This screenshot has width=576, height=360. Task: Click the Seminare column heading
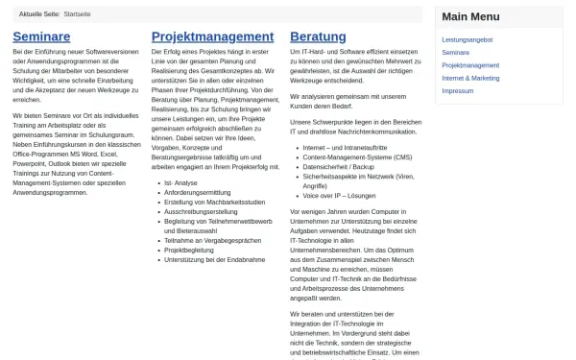[x=41, y=36]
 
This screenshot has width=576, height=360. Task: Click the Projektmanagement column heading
[x=212, y=36]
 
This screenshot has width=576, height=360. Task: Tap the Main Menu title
[x=470, y=16]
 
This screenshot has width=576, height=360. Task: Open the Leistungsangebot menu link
[x=468, y=40]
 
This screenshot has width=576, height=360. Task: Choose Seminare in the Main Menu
[x=456, y=53]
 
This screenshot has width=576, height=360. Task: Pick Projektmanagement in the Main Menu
[x=470, y=65]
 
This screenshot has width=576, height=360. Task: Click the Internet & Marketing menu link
[x=471, y=78]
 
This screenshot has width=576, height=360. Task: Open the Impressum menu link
[x=458, y=90]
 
